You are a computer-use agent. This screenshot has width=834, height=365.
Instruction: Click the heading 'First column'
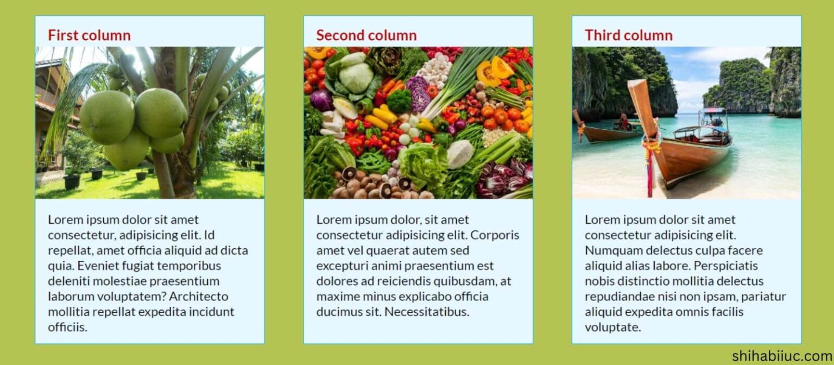89,35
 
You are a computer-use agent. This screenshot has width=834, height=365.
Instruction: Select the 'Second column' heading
367,35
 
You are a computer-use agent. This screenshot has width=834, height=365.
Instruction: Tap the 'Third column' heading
628,35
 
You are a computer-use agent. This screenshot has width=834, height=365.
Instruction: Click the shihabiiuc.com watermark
781,356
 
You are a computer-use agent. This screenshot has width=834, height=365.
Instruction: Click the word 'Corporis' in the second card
496,235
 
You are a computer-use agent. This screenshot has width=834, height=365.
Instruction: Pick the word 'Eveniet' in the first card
98,266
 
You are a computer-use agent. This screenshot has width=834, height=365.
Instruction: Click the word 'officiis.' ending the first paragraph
67,328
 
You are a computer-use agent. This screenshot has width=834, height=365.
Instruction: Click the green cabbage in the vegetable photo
356,78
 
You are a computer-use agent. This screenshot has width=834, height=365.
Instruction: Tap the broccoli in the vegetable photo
399,100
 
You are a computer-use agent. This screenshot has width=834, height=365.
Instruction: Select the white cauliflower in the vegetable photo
460,154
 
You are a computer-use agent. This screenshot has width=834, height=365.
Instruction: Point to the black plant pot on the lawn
72,181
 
